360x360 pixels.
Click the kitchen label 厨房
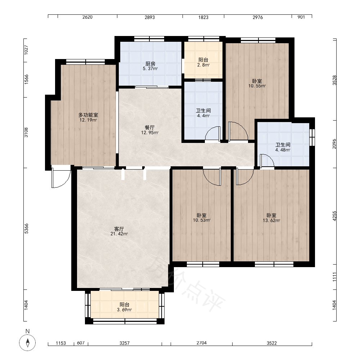point(150,64)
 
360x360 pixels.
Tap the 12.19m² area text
point(88,120)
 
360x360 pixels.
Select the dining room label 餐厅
point(150,127)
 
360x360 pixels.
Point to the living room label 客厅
point(119,229)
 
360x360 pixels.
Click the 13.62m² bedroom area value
point(271,220)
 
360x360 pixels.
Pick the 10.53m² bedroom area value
point(202,220)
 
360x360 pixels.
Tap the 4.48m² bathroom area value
point(283,150)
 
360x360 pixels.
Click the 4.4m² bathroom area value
point(203,116)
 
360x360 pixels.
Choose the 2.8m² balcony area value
point(203,65)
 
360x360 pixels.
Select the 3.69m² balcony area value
point(125,310)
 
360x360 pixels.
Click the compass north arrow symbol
point(28,343)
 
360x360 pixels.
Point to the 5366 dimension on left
point(26,229)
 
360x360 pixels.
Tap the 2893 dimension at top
point(150,17)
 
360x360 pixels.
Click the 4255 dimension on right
point(334,216)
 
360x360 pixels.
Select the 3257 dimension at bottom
point(125,343)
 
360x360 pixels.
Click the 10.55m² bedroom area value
point(257,86)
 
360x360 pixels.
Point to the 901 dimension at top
point(301,17)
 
